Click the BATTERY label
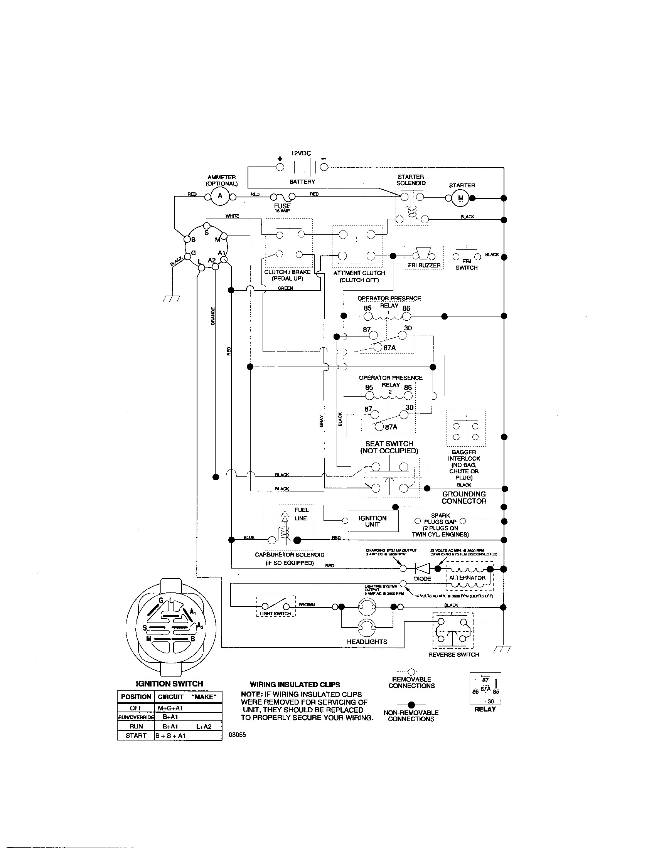coord(302,181)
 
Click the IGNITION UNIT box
coord(373,521)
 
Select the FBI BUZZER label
coord(424,265)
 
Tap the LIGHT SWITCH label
coord(275,613)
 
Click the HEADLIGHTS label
coord(367,641)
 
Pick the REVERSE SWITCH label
coord(453,654)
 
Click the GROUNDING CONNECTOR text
coord(464,497)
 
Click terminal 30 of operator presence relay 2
coord(404,415)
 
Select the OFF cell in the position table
coord(136,708)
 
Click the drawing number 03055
coord(238,735)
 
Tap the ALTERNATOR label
coord(467,577)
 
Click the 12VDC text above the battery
coord(301,153)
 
